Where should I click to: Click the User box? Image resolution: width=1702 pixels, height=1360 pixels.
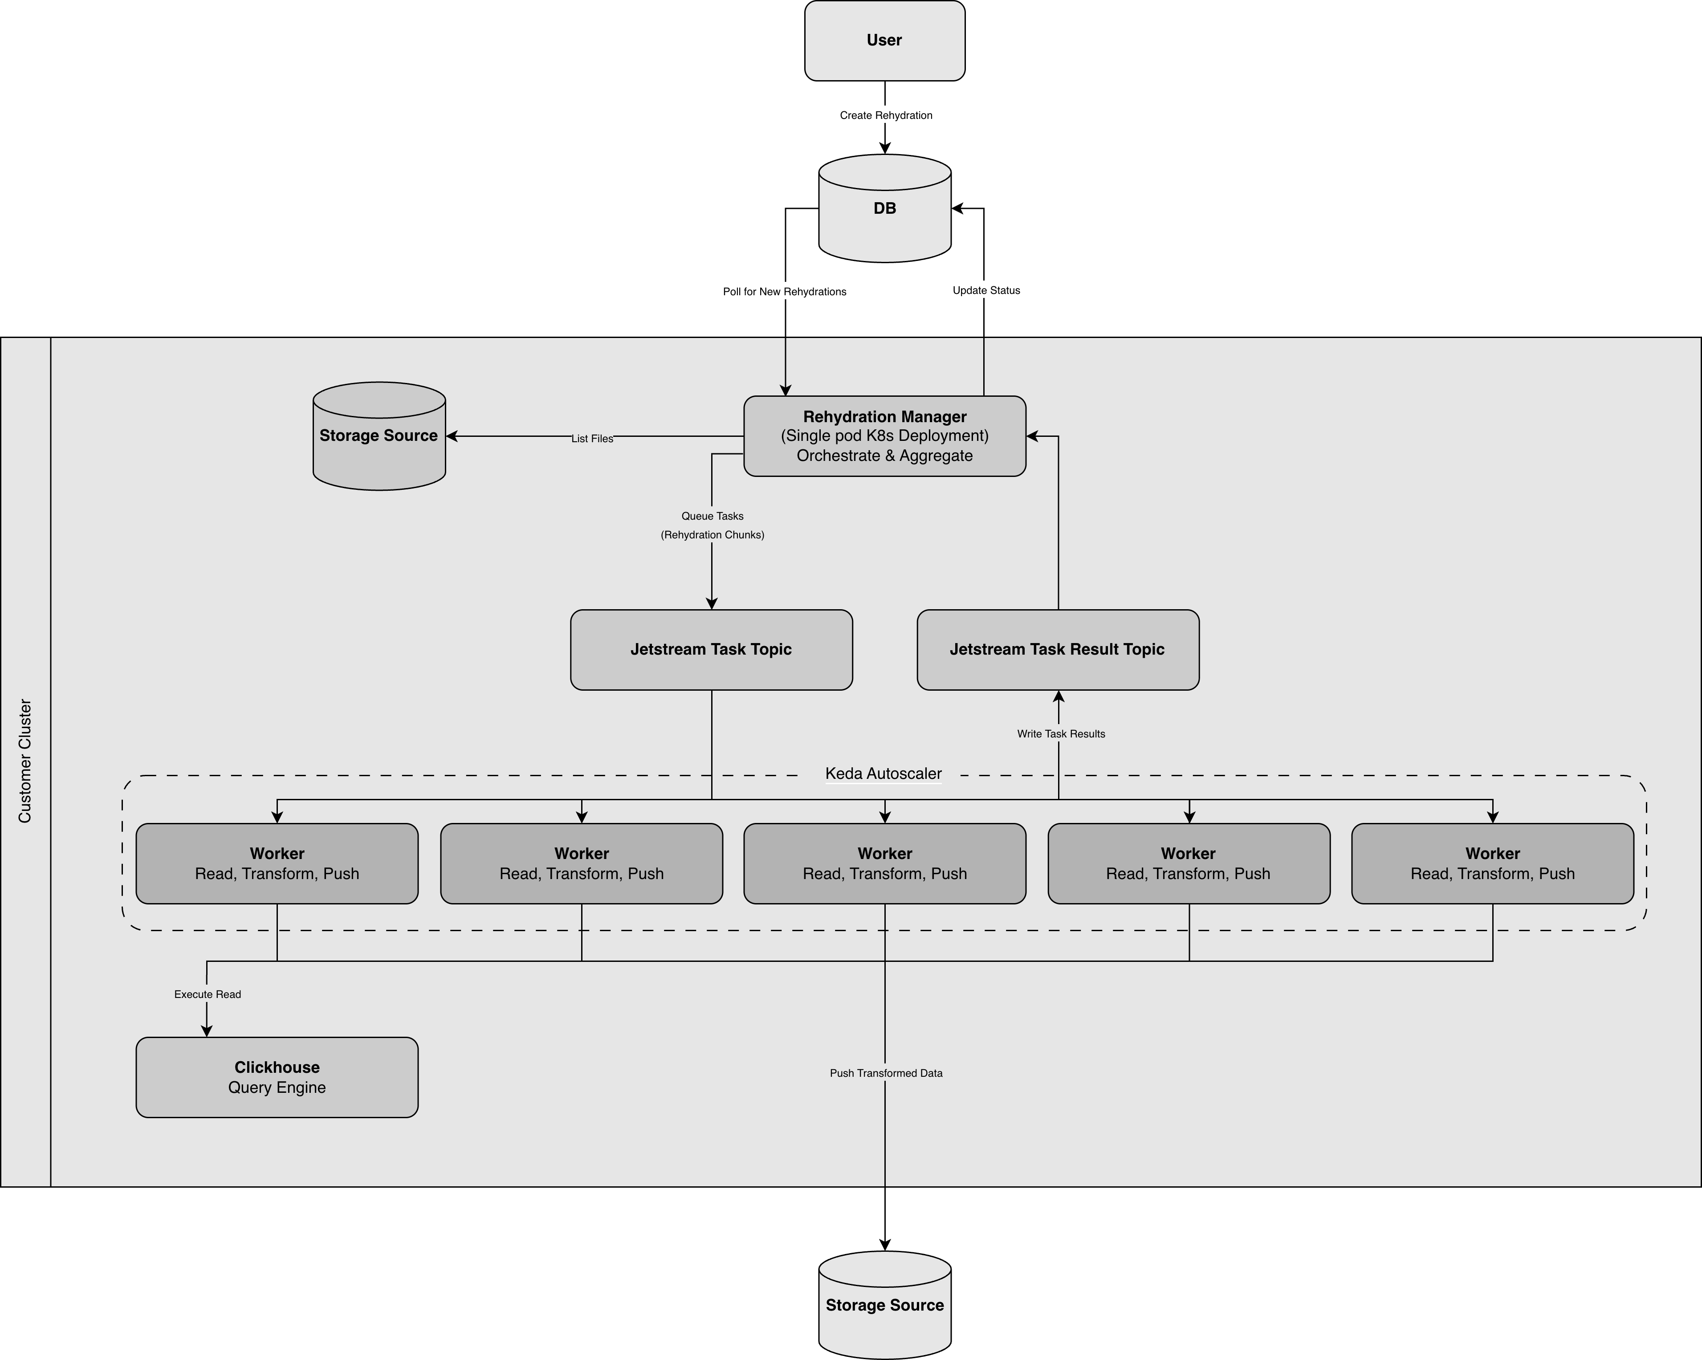pyautogui.click(x=884, y=40)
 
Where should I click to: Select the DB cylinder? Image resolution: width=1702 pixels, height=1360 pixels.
pyautogui.click(x=884, y=208)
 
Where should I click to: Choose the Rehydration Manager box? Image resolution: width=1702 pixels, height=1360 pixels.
pyautogui.click(x=884, y=436)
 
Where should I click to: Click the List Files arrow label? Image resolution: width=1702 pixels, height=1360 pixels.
pyautogui.click(x=592, y=438)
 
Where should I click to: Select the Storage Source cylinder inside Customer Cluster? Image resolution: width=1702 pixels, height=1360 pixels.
pyautogui.click(x=379, y=436)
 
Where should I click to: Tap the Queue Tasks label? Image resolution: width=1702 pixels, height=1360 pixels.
pyautogui.click(x=712, y=516)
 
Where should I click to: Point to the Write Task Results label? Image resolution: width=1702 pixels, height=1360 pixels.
pyautogui.click(x=1060, y=734)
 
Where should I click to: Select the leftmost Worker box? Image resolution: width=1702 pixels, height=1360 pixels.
pyautogui.click(x=277, y=863)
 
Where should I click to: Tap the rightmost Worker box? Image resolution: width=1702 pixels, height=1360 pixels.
pyautogui.click(x=1492, y=863)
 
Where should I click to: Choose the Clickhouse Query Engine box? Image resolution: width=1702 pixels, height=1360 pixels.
pyautogui.click(x=277, y=1077)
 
